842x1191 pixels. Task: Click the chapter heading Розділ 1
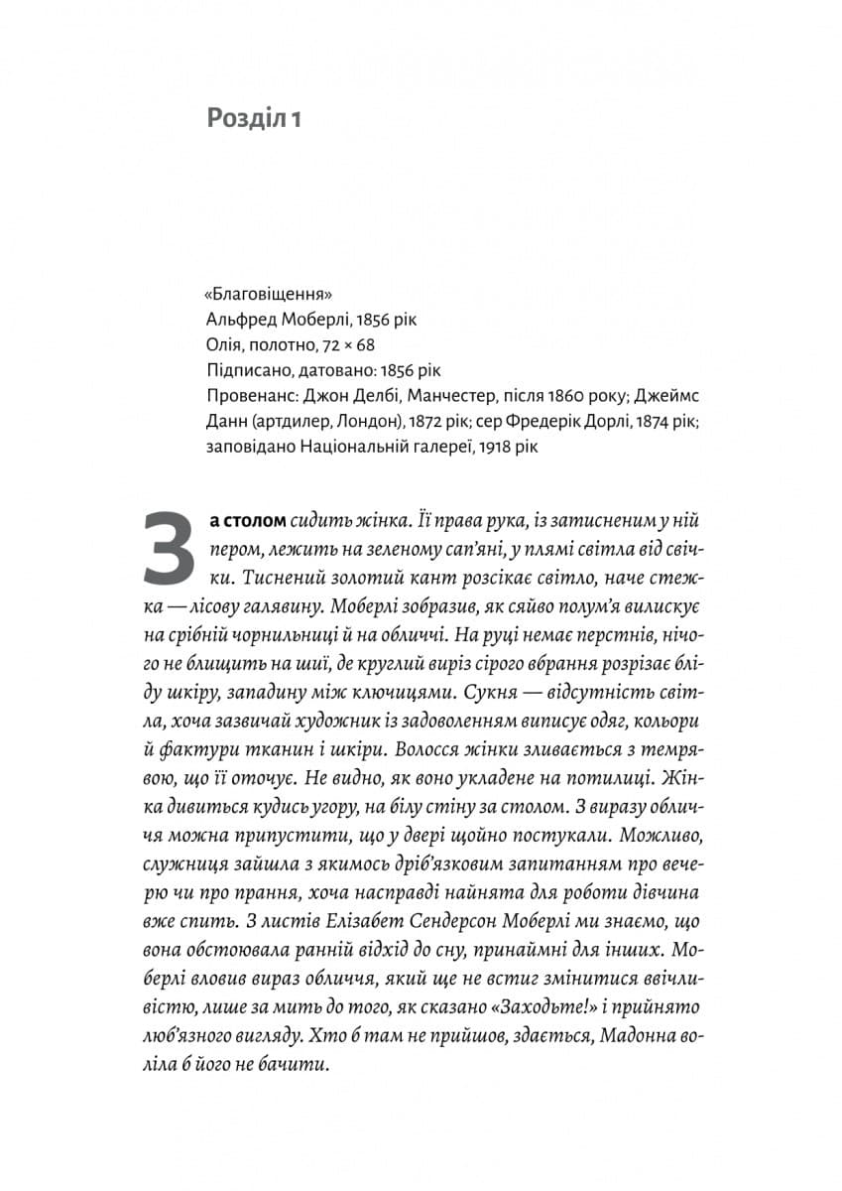coord(253,119)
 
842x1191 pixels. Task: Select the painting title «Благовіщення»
coord(267,294)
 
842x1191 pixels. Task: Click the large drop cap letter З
coord(170,548)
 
